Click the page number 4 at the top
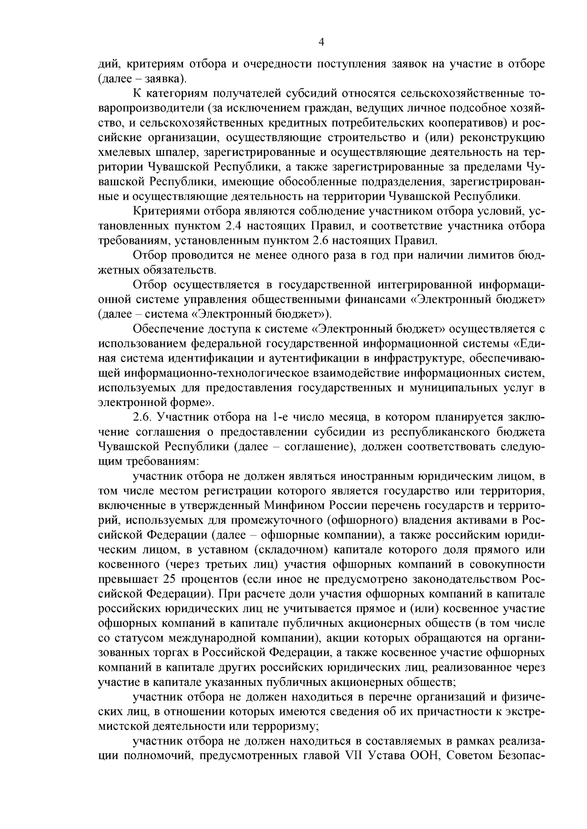pyautogui.click(x=321, y=42)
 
